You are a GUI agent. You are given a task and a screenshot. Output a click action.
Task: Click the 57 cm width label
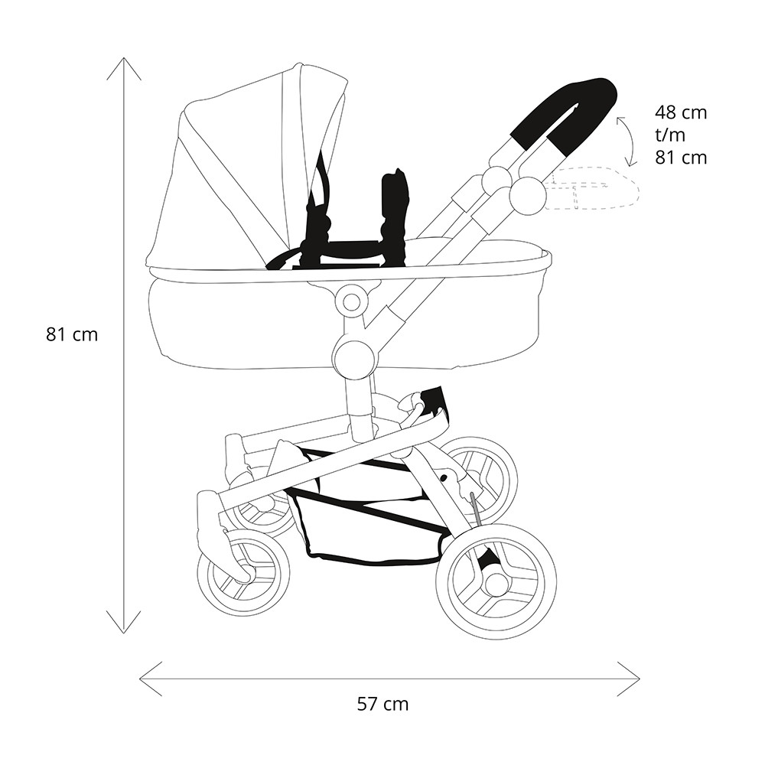coord(382,705)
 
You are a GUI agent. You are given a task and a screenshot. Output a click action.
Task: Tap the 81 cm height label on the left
coord(72,335)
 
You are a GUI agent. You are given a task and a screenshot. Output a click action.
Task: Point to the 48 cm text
coord(681,112)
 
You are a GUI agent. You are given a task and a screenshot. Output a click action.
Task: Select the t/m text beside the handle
coord(670,135)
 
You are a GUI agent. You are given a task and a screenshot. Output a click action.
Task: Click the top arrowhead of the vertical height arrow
coord(124,59)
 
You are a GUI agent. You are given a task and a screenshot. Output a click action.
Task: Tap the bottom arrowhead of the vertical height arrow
coord(124,633)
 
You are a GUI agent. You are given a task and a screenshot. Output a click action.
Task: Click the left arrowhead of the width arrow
coord(141,679)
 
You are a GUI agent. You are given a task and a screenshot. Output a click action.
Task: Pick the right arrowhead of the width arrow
coord(639,679)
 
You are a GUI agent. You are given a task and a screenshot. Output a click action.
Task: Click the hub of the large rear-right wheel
coord(496,581)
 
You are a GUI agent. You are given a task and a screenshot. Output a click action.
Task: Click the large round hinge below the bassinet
coord(355,357)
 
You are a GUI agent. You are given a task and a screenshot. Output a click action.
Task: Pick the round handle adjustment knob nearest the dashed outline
coord(527,196)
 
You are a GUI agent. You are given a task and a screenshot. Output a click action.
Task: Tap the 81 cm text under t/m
coord(681,158)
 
